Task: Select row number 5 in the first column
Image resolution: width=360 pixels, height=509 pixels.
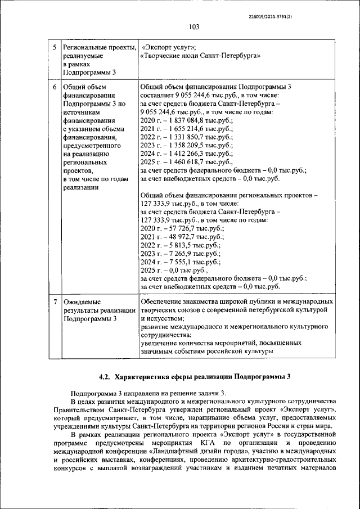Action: pos(54,47)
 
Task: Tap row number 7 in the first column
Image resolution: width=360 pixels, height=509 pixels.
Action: pos(54,302)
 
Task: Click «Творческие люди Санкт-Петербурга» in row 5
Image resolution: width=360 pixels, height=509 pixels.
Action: pos(199,56)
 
